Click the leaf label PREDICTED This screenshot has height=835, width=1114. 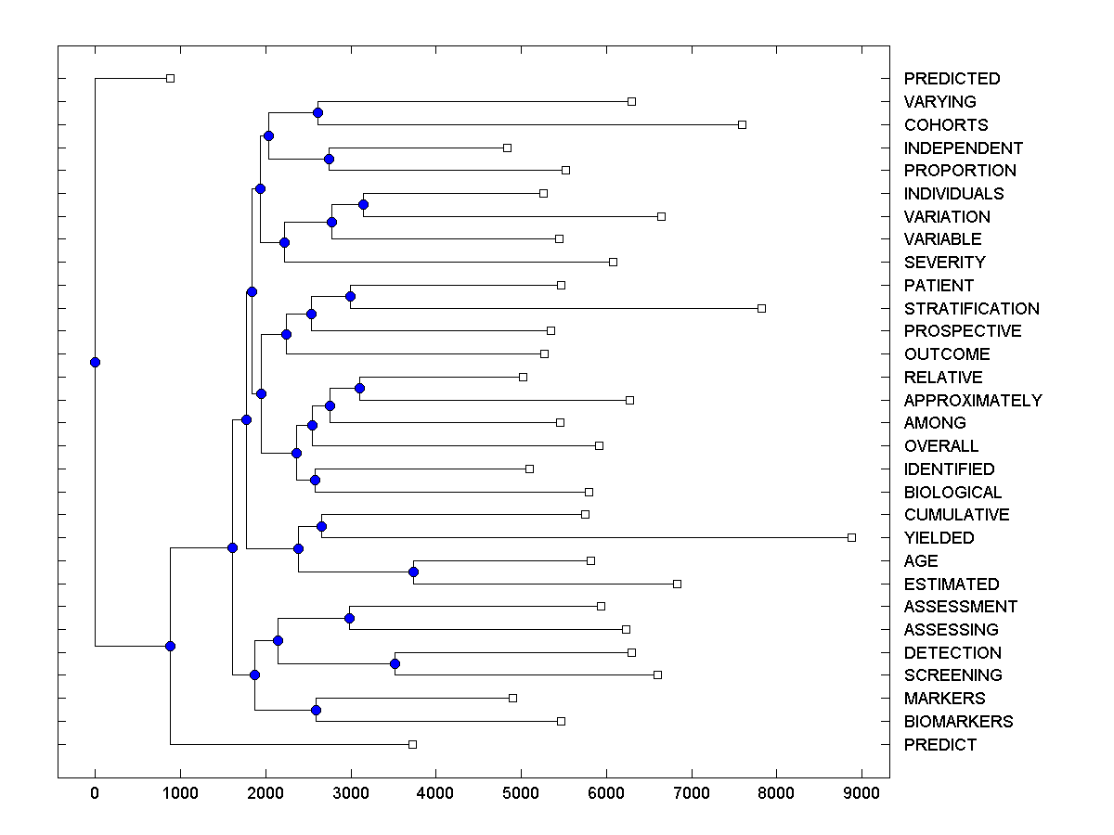click(952, 79)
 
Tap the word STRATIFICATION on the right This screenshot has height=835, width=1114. click(971, 309)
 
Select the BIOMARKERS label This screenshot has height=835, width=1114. click(958, 722)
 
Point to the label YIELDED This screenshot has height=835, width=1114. click(939, 538)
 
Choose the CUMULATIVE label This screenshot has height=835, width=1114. click(956, 515)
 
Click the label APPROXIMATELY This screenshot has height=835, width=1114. click(973, 401)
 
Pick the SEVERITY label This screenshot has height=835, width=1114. click(944, 263)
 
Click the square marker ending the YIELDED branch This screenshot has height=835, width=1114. click(851, 537)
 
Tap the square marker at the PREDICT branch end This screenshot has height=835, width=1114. click(413, 744)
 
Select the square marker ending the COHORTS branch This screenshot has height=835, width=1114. click(742, 124)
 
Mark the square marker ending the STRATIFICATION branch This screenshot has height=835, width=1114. click(761, 308)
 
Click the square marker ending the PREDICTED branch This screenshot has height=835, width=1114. click(170, 78)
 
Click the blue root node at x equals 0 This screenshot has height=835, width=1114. click(95, 362)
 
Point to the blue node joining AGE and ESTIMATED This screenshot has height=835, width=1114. click(414, 572)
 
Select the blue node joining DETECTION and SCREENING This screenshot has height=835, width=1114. click(395, 663)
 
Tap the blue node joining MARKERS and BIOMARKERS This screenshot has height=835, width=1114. click(316, 710)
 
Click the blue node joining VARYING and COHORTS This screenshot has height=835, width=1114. click(317, 112)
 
